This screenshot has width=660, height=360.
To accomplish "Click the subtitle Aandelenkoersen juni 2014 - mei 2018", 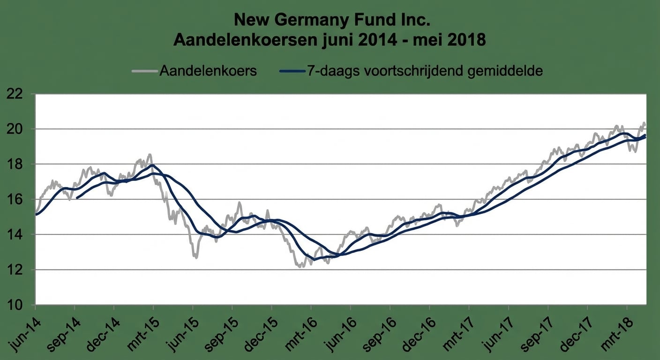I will [x=330, y=40].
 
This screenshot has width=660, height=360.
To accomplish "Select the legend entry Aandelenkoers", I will [x=208, y=71].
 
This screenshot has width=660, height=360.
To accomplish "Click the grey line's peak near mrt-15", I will [x=150, y=154].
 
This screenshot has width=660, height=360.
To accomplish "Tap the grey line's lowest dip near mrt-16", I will [x=300, y=266].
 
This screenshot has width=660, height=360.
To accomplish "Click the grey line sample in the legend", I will [x=144, y=71].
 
